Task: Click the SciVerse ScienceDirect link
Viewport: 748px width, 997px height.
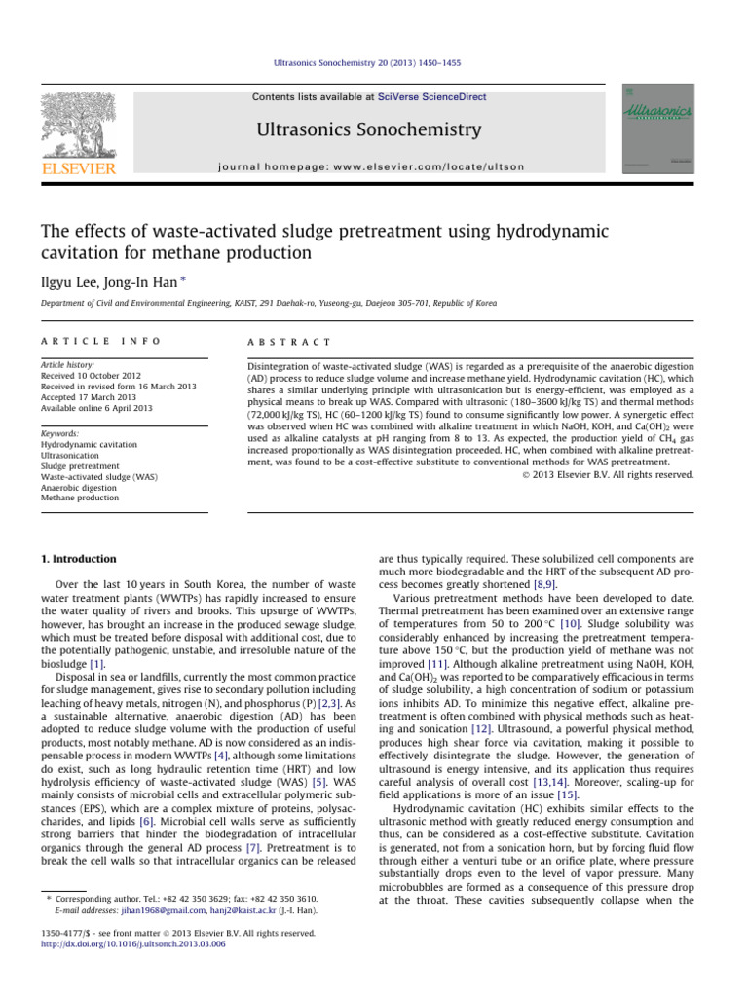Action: (x=434, y=97)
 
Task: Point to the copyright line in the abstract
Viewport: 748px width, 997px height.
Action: (x=618, y=475)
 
